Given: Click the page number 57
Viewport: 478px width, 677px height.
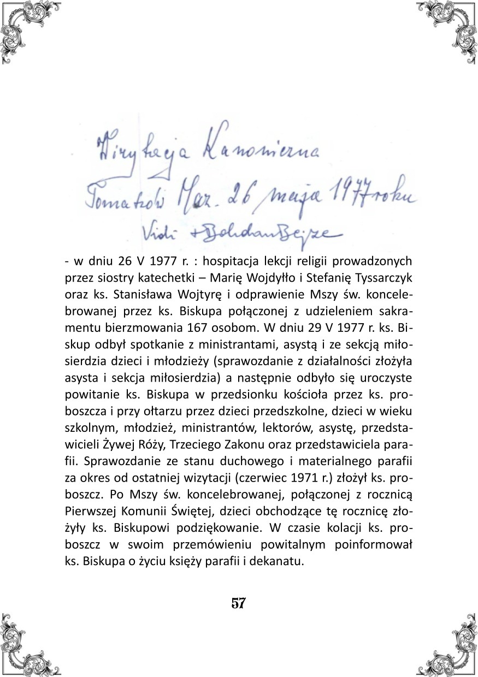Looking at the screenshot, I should click(x=239, y=604).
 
